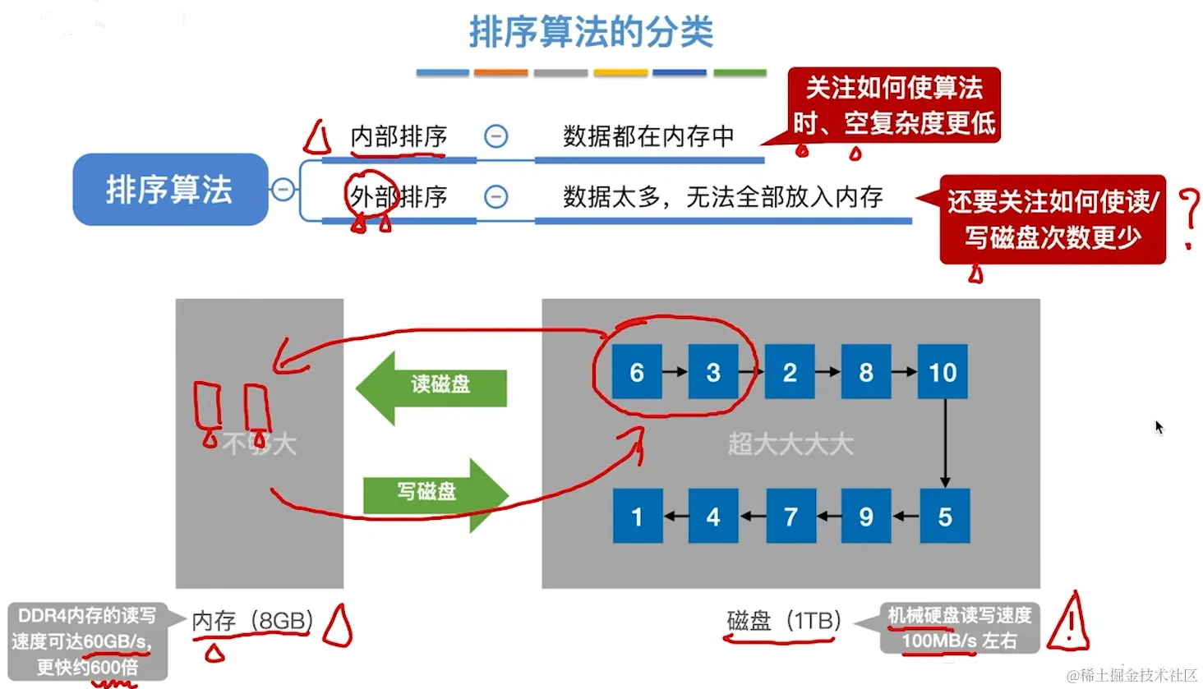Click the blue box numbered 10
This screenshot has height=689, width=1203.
click(x=943, y=372)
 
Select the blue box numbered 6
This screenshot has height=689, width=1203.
click(x=637, y=372)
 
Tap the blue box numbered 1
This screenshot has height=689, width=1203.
click(x=638, y=517)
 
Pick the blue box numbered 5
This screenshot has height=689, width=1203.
click(x=945, y=517)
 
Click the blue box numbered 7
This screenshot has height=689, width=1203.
click(x=790, y=517)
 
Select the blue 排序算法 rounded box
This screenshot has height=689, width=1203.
click(x=170, y=190)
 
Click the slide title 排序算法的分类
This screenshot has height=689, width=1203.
click(x=591, y=33)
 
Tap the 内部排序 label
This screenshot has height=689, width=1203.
click(x=399, y=136)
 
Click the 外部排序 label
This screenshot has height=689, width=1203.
click(x=399, y=197)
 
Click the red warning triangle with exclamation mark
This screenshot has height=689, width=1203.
click(x=1069, y=624)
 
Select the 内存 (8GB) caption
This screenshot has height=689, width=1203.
click(x=252, y=621)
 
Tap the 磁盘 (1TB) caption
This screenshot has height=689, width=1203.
click(x=783, y=621)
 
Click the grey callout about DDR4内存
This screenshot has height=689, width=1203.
click(x=86, y=641)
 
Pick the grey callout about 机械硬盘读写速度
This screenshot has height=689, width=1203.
click(x=959, y=628)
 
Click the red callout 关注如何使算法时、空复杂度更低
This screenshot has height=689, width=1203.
click(x=894, y=106)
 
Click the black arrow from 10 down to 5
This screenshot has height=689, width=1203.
click(x=945, y=443)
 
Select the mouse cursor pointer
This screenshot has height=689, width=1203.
click(x=1159, y=427)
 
